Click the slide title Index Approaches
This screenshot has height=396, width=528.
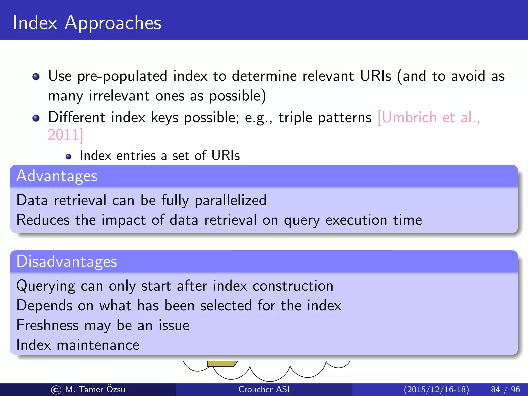(87, 23)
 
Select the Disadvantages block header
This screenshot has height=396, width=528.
(67, 261)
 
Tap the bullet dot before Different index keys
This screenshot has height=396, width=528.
(36, 118)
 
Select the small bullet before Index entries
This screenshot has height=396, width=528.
(68, 156)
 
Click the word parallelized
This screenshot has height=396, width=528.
(230, 200)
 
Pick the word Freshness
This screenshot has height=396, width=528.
(47, 325)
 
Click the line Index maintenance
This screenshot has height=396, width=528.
(78, 345)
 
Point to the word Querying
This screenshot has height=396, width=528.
(46, 286)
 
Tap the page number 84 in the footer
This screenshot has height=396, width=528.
(496, 389)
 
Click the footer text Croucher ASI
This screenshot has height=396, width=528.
(264, 389)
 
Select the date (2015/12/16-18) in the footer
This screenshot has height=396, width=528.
(436, 389)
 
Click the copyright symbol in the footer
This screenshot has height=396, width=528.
(56, 390)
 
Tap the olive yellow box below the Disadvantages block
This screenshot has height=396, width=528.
(221, 363)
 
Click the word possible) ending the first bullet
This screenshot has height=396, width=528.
(237, 96)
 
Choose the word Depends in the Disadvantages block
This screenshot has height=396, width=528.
(44, 306)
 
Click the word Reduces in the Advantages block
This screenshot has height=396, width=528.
(43, 220)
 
